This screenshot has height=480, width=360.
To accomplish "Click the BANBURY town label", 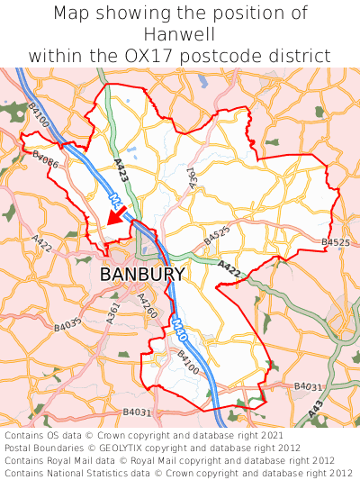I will (x=142, y=274).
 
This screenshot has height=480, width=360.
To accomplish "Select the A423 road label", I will (x=121, y=172).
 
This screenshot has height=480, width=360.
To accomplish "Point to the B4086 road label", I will (x=45, y=159).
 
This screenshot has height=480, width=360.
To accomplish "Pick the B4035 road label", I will (x=67, y=322).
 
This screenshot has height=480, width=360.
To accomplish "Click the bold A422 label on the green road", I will (x=229, y=267).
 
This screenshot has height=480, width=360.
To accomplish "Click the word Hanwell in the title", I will (x=180, y=34).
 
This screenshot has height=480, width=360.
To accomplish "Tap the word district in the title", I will (x=301, y=56).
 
